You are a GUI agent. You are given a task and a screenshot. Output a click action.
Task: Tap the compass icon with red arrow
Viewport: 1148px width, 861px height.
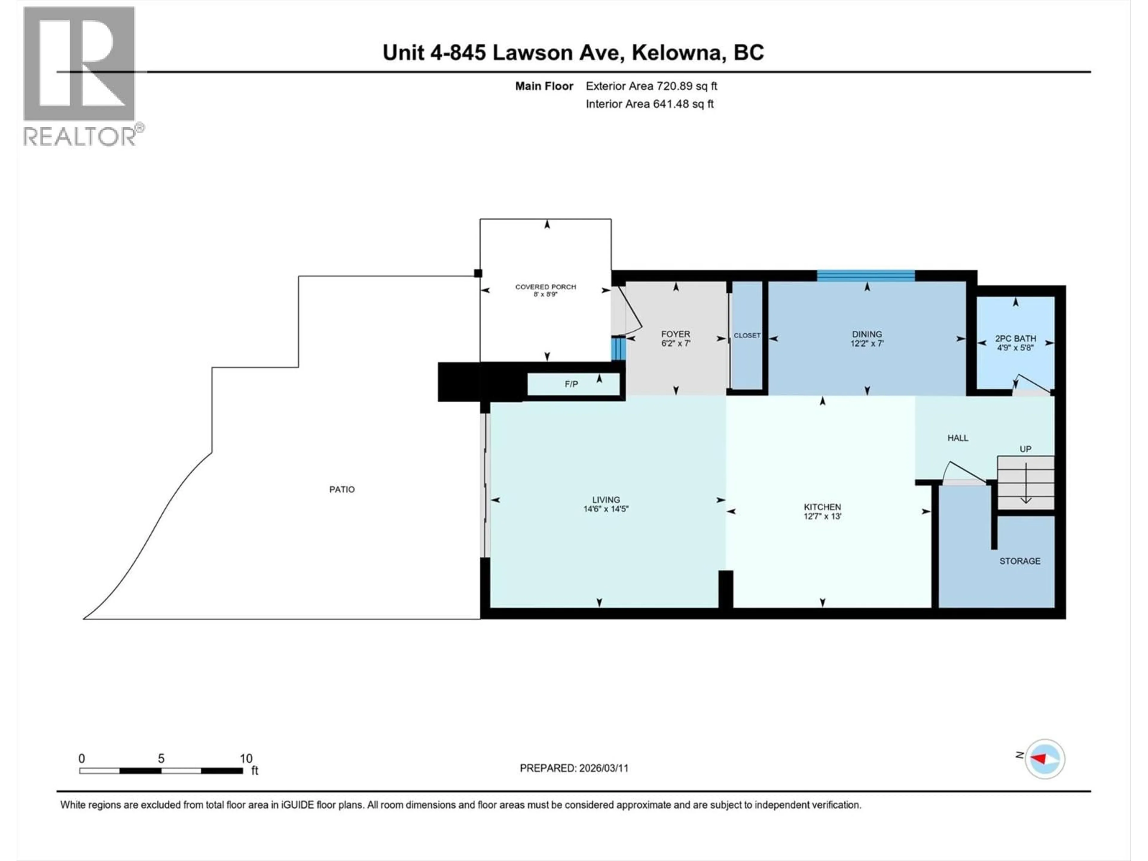(1045, 759)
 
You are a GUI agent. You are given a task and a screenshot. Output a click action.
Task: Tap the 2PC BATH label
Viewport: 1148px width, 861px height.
(1015, 338)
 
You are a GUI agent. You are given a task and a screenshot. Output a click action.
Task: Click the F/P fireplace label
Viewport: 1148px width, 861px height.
(571, 384)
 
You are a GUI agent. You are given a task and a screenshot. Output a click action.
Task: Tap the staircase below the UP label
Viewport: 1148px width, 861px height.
(1025, 483)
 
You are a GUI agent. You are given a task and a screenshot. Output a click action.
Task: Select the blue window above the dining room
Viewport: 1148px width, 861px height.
(866, 276)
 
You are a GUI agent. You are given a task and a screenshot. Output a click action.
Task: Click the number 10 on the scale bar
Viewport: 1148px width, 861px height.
(246, 758)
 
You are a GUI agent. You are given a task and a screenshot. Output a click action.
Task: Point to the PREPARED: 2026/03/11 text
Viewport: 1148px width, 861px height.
(574, 768)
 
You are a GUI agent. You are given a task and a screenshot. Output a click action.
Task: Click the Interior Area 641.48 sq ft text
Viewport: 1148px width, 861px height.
(650, 104)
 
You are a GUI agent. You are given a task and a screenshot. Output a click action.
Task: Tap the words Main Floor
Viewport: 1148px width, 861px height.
(544, 86)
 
